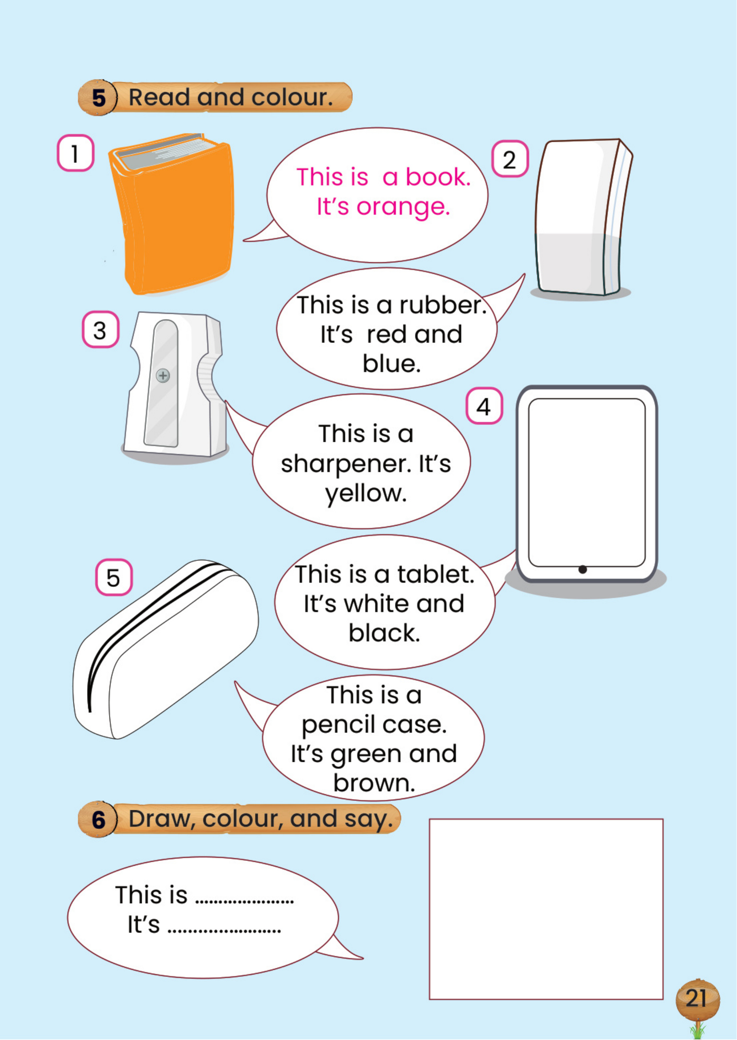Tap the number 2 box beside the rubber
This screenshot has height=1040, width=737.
coord(510,158)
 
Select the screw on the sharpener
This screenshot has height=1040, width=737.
coord(163,376)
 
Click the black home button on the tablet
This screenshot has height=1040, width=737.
coord(583,569)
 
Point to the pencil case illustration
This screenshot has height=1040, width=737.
coord(166,649)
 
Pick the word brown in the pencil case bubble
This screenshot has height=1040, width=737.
coord(374,783)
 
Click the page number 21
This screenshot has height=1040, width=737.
coord(697,998)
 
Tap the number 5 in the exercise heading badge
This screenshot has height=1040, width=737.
coord(99,98)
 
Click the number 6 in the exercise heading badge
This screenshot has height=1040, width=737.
coord(99,820)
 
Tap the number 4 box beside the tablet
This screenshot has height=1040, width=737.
coord(484,406)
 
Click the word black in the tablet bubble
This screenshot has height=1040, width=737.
coord(384,633)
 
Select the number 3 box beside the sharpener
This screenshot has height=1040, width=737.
coord(100,330)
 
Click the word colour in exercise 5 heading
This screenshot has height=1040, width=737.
coord(292,97)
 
